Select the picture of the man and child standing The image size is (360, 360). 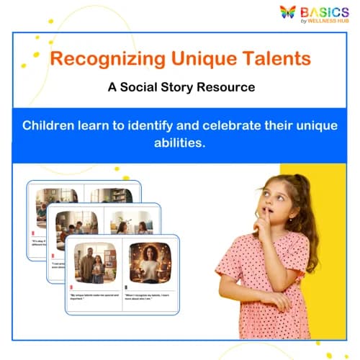(x=93, y=262)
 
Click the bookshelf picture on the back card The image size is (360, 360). (x=111, y=195)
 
